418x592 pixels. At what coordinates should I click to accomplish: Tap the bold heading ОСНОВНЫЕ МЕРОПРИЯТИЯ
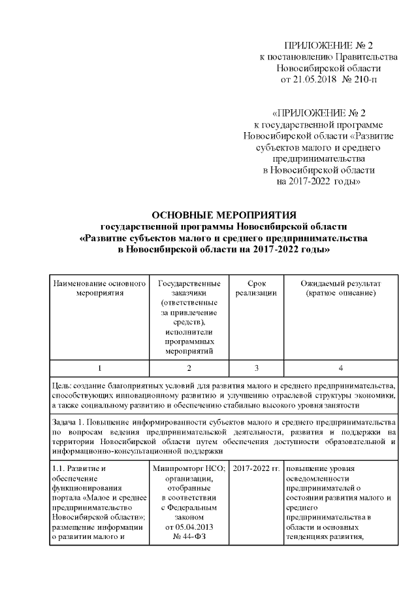pos(224,215)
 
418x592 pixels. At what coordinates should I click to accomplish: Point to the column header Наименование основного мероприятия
pos(99,289)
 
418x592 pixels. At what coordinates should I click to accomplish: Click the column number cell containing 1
pos(99,368)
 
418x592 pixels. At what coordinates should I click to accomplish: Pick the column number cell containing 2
pos(188,368)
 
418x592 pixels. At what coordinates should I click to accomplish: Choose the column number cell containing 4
pos(340,368)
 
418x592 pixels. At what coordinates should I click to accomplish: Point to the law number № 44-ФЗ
pos(188,538)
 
